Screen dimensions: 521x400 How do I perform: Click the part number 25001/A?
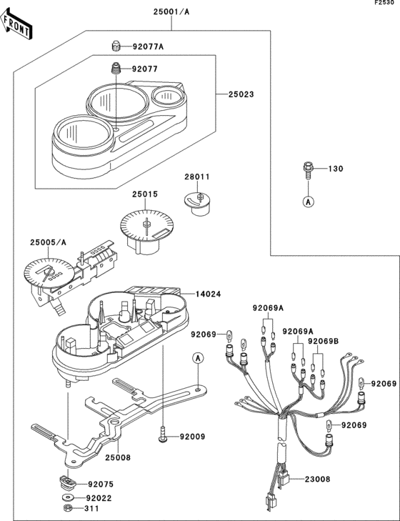[x=171, y=12]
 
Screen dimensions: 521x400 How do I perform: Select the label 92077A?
[x=148, y=47]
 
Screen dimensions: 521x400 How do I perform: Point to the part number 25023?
[x=241, y=94]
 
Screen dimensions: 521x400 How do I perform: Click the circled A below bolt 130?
[x=308, y=202]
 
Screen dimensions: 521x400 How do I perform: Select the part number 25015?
[x=144, y=194]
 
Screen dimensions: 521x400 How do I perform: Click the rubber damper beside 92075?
[x=66, y=483]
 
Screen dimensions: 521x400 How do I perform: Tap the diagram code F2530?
[x=386, y=4]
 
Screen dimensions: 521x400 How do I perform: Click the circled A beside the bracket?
[x=199, y=357]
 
